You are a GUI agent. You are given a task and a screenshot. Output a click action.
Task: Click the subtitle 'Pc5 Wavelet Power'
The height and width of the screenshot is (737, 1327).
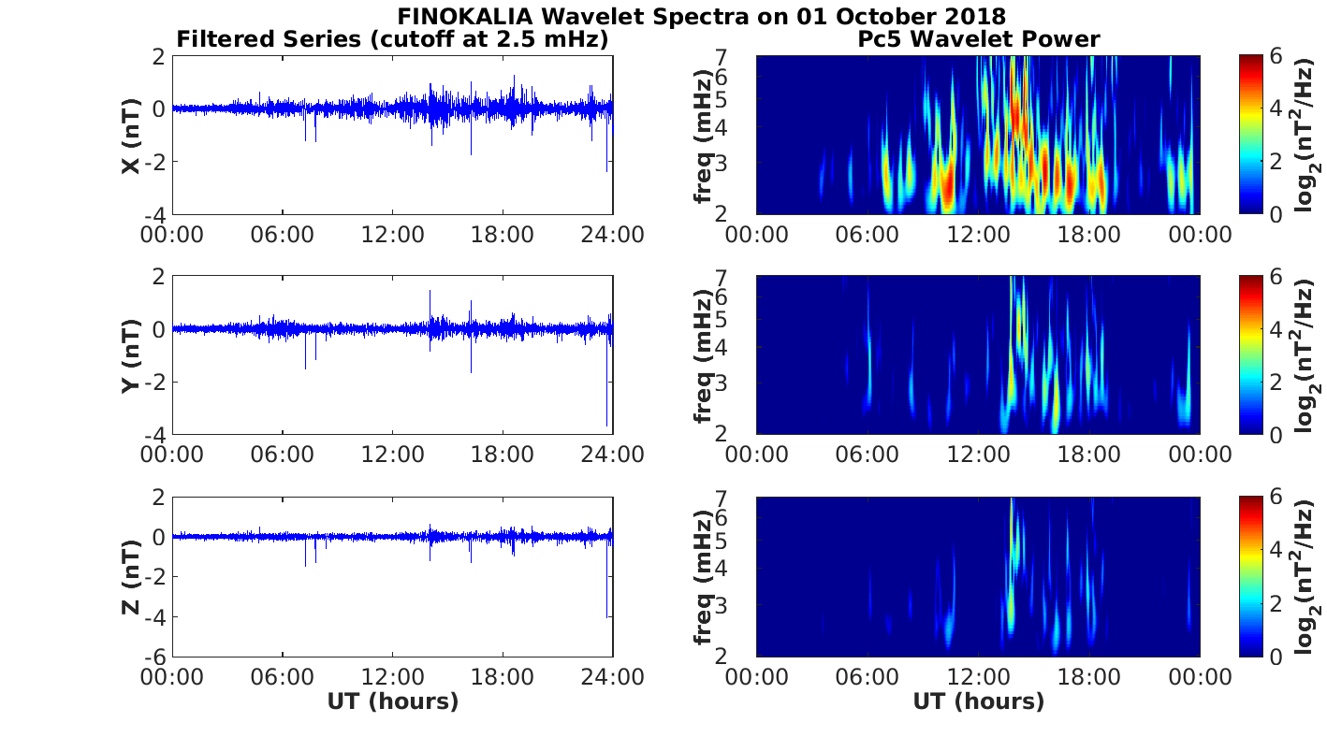click(978, 39)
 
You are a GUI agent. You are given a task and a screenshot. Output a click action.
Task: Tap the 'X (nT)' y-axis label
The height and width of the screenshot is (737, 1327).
click(131, 136)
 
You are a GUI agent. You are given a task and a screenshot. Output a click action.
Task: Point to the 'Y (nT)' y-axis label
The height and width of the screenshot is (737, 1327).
click(131, 355)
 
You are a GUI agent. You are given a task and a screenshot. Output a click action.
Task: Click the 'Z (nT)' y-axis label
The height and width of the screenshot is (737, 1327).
click(131, 577)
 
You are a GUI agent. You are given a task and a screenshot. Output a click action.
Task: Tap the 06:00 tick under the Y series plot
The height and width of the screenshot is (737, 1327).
click(283, 455)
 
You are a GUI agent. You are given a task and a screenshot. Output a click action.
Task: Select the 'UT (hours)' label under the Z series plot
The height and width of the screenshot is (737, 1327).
click(393, 701)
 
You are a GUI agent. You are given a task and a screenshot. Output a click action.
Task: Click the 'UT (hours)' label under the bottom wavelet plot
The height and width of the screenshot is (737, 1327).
click(978, 701)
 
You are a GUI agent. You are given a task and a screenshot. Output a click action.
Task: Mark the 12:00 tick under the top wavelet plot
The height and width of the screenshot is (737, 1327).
click(978, 234)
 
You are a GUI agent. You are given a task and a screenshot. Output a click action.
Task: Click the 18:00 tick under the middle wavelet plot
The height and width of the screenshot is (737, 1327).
click(1089, 455)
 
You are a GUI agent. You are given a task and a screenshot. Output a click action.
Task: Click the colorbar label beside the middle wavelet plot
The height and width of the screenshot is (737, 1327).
click(1307, 355)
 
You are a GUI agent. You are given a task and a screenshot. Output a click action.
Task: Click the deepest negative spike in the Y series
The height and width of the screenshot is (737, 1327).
click(607, 424)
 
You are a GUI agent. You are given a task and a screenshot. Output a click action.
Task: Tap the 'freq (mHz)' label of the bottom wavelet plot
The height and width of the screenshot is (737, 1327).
click(704, 577)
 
